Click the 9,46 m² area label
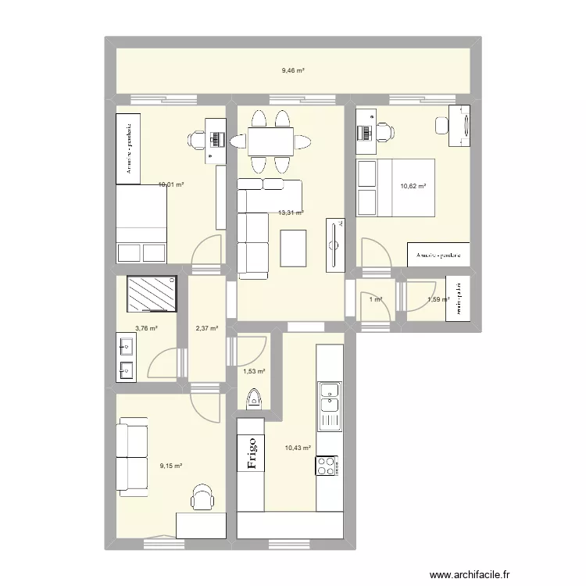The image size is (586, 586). pyautogui.click(x=293, y=70)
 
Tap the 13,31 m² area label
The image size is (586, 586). pyautogui.click(x=291, y=212)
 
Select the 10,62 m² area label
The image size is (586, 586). pyautogui.click(x=413, y=186)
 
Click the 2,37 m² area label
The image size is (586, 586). pyautogui.click(x=206, y=329)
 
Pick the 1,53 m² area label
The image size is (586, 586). pyautogui.click(x=255, y=372)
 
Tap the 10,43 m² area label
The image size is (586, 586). pyautogui.click(x=298, y=448)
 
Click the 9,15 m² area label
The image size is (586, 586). pyautogui.click(x=171, y=466)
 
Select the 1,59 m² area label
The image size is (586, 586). pyautogui.click(x=438, y=299)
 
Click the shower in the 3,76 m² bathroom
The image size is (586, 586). pyautogui.click(x=152, y=294)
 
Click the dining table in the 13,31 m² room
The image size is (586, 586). pyautogui.click(x=271, y=141)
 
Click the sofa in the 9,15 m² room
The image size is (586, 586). pyautogui.click(x=131, y=458)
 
